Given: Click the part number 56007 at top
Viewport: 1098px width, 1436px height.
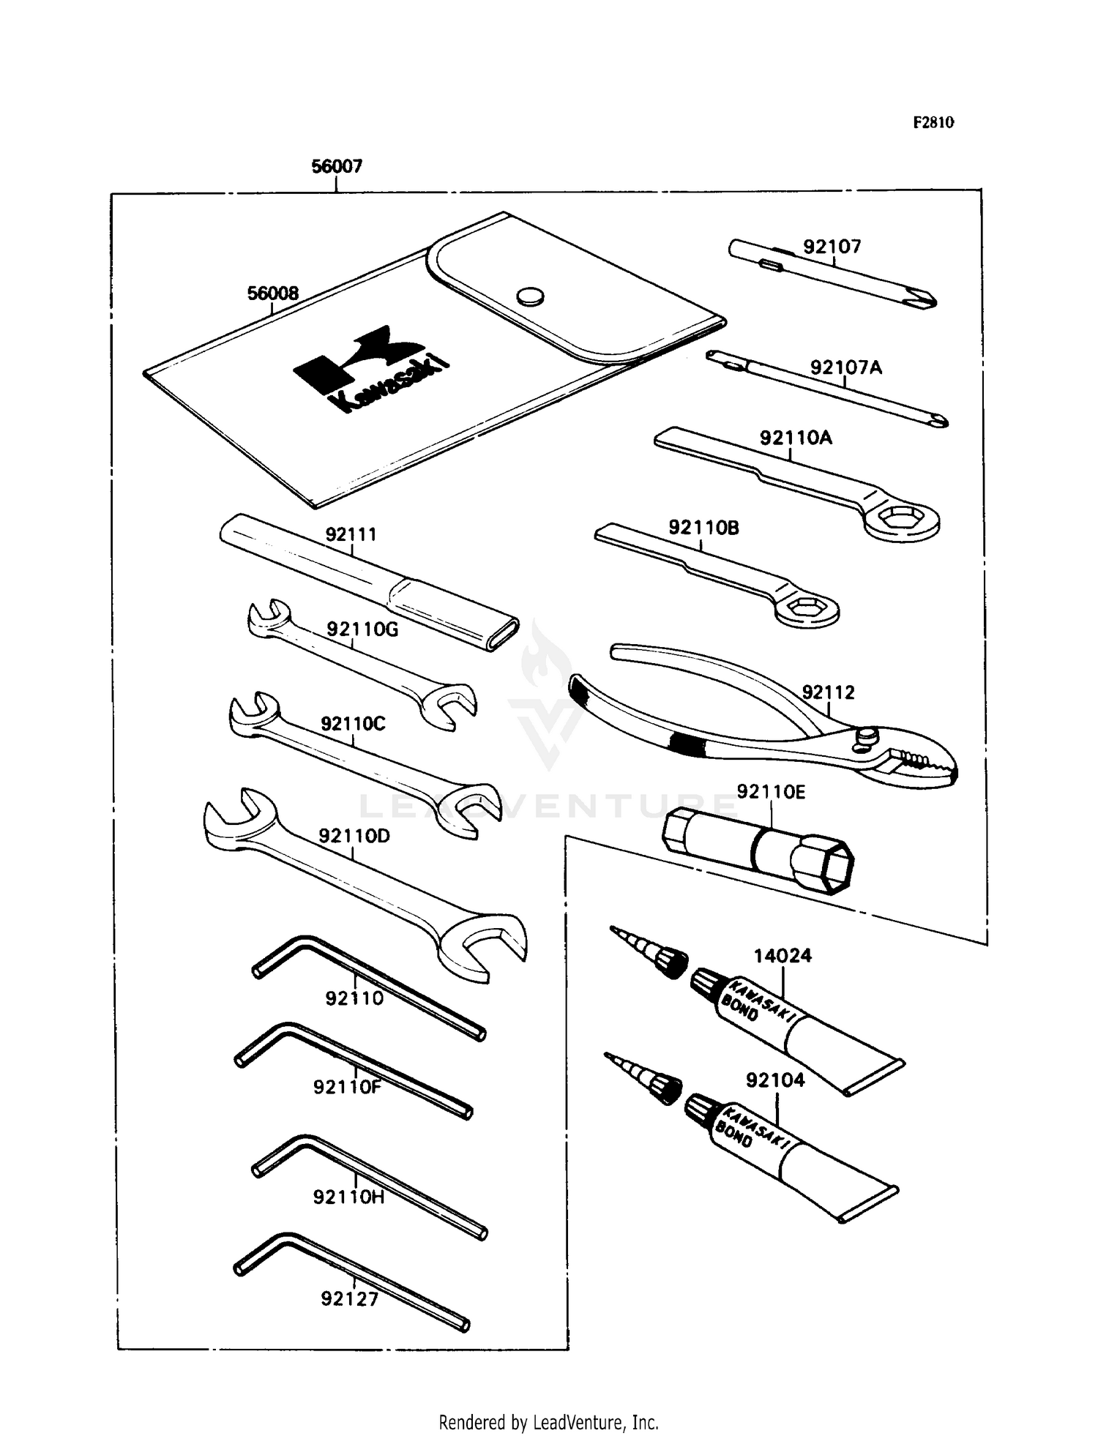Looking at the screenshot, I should click(337, 167).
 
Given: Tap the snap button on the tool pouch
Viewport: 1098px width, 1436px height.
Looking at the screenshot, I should click(529, 296).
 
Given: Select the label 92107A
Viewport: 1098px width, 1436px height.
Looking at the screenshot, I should click(845, 367).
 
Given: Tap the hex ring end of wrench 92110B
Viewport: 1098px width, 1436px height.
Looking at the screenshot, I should click(807, 610).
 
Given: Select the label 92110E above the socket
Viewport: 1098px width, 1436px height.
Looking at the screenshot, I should click(770, 792).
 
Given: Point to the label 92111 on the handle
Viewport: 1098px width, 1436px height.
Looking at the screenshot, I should click(351, 535).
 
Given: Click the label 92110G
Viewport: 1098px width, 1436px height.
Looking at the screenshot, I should click(362, 629).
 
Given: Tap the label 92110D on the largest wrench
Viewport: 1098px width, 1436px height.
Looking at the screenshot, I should click(354, 836).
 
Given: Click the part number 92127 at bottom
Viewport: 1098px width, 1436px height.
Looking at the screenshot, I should click(349, 1299).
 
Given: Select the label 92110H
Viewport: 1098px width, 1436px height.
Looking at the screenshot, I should click(348, 1197).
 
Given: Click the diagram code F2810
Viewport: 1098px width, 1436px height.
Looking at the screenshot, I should click(933, 123).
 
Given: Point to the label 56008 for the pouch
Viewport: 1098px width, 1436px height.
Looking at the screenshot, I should click(272, 293).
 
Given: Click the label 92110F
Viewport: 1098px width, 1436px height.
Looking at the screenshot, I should click(347, 1088).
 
